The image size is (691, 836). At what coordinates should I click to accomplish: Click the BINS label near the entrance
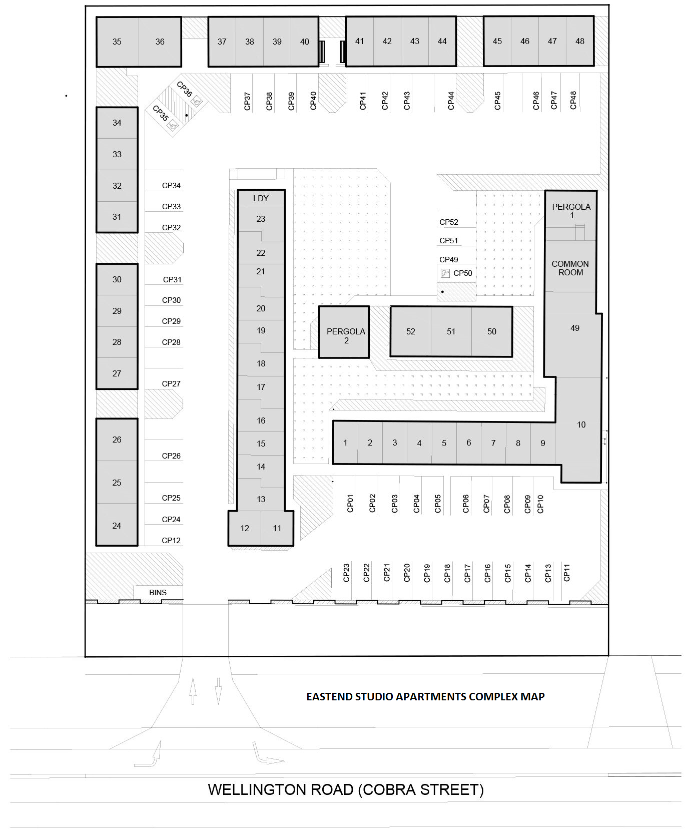click(158, 592)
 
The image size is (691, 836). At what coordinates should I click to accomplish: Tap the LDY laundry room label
click(261, 198)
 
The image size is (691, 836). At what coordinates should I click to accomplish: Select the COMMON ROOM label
click(570, 268)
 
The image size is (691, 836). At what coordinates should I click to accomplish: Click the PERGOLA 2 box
click(344, 332)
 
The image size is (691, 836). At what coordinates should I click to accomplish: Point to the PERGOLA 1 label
click(571, 211)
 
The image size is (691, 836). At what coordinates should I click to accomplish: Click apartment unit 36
click(160, 42)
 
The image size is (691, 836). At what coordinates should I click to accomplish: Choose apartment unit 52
click(411, 331)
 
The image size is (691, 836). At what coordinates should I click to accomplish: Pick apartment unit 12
click(245, 528)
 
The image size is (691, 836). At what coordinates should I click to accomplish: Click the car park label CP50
click(463, 273)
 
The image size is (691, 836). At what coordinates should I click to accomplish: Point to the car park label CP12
click(171, 541)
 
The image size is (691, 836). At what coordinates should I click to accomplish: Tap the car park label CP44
click(451, 101)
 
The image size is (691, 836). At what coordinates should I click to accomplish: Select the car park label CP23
click(346, 573)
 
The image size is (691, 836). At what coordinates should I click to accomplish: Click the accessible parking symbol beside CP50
click(445, 273)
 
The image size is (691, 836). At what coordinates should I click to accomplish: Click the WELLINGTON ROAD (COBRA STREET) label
click(346, 789)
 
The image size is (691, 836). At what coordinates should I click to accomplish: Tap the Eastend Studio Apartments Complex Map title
click(425, 696)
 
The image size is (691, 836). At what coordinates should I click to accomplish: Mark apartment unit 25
click(117, 483)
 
